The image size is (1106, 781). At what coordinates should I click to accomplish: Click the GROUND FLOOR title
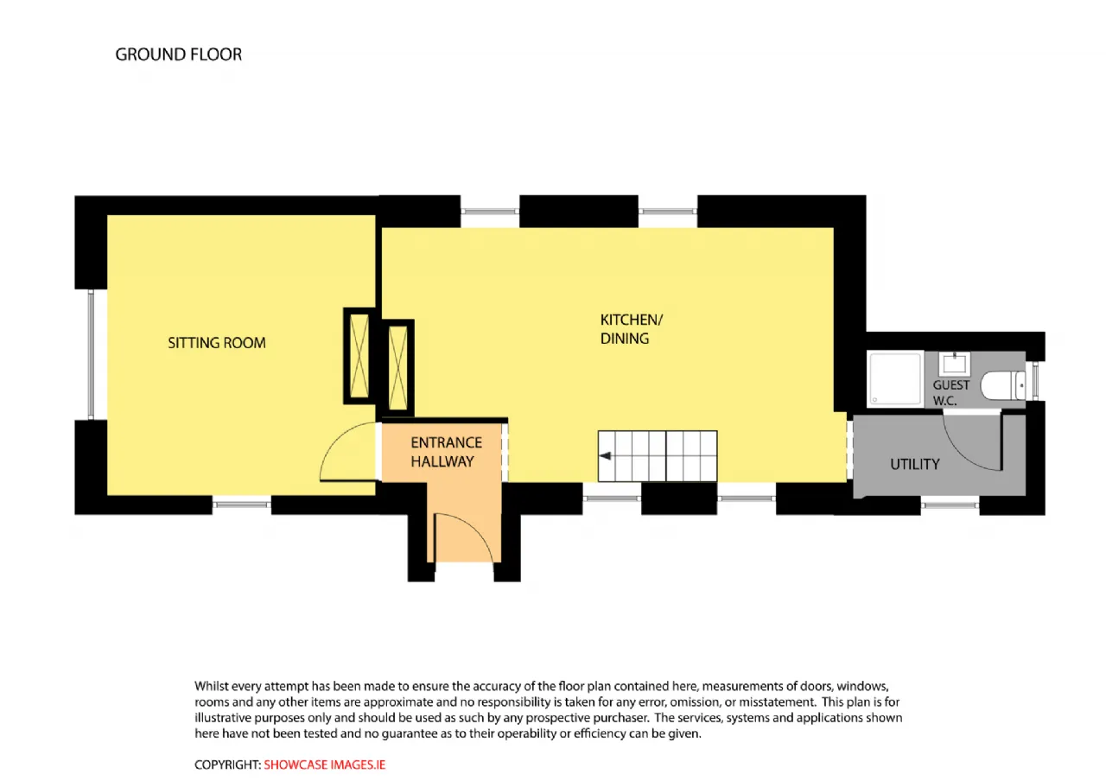(x=179, y=54)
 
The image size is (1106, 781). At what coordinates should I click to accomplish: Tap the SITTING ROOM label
(x=217, y=343)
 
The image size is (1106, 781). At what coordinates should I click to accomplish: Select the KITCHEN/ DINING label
(x=631, y=329)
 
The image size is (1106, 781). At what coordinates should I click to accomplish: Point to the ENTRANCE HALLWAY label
(x=446, y=452)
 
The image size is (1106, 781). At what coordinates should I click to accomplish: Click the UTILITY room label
(x=914, y=464)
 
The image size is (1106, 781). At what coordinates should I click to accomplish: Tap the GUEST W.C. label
(x=950, y=393)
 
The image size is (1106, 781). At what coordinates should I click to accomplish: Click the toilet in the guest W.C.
(x=1002, y=385)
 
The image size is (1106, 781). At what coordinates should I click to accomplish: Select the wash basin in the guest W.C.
(x=955, y=364)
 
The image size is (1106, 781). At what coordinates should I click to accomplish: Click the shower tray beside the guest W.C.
(x=895, y=378)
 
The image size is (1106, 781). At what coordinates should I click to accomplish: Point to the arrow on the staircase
(x=606, y=455)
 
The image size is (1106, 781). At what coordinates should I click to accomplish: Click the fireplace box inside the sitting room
(x=359, y=356)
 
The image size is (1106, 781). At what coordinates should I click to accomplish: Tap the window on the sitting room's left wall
(x=91, y=354)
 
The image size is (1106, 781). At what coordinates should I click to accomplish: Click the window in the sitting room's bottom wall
(x=241, y=505)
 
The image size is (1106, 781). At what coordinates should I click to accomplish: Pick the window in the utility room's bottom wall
(x=950, y=505)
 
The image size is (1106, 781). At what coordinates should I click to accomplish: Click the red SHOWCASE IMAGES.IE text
(x=324, y=765)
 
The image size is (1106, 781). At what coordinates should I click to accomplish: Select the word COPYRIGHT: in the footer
(x=227, y=765)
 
